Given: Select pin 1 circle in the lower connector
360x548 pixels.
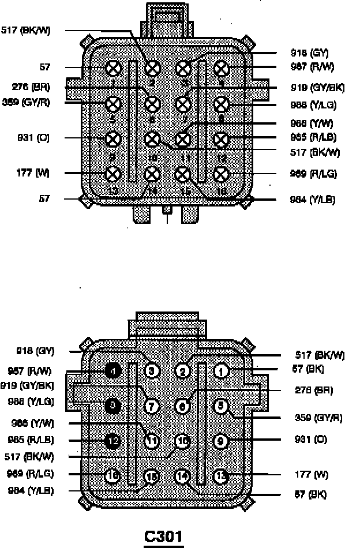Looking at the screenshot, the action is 221,371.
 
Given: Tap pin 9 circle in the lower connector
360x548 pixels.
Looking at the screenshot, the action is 221,441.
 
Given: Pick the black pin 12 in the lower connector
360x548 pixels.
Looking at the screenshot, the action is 114,441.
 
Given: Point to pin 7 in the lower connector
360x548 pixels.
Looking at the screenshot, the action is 152,406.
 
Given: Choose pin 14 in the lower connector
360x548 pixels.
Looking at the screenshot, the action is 182,476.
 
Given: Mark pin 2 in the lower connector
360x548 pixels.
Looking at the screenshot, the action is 182,371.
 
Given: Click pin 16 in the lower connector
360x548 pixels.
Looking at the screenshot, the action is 114,476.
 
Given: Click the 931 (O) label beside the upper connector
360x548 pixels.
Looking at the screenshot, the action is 35,138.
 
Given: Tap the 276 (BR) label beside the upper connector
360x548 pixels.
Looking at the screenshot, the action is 31,88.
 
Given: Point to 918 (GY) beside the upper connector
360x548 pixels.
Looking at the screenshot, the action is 310,53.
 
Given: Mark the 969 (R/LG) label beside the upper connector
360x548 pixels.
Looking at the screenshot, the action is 313,174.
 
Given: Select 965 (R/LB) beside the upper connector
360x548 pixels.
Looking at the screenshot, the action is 313,137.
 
